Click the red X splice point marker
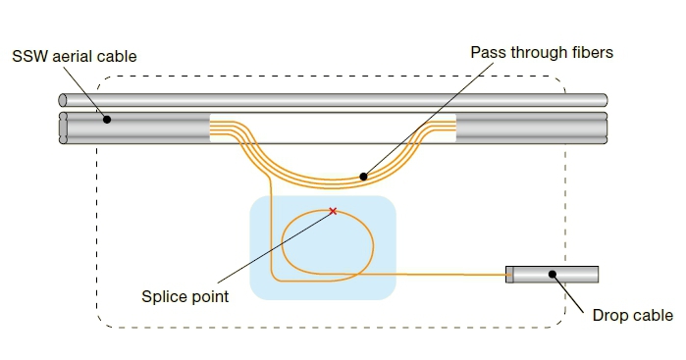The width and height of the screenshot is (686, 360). pos(333,211)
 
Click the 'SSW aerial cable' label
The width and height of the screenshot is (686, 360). pos(74,57)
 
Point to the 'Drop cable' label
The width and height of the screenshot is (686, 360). pos(632,316)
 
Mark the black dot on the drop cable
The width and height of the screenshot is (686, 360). pos(553,275)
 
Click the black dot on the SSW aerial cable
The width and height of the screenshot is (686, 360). pos(108,119)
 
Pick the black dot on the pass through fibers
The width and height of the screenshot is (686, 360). pos(363,177)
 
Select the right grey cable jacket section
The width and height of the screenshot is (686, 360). pos(530,129)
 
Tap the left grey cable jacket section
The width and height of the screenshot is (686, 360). pos(137,129)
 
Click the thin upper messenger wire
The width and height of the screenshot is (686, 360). pos(334,100)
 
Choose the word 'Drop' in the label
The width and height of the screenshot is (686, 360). pos(610,316)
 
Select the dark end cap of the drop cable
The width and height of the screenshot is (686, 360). pos(509,275)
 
